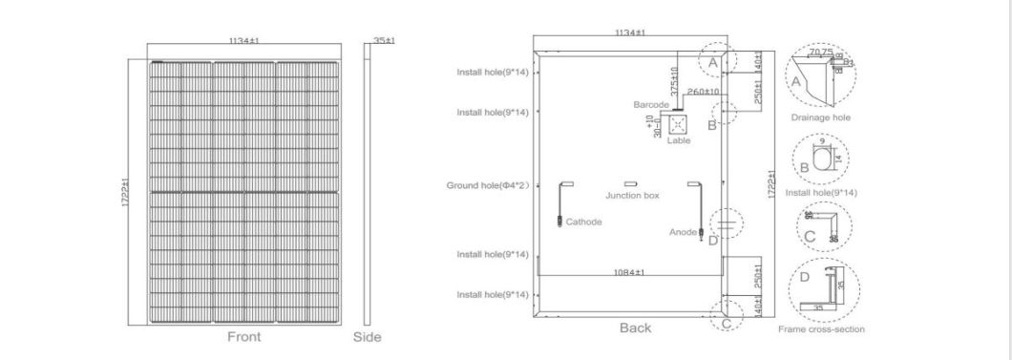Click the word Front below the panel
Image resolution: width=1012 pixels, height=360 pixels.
(244, 337)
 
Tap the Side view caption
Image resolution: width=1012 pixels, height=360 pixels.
(368, 337)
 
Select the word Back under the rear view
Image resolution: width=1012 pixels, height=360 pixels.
(635, 328)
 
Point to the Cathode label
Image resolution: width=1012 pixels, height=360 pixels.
(583, 222)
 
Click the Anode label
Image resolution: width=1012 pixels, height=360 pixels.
(683, 230)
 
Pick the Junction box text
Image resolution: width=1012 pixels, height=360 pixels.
(632, 195)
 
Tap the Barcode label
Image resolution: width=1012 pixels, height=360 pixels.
(650, 103)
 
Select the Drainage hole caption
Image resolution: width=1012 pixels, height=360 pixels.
(820, 117)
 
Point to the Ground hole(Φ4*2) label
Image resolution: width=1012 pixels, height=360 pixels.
(488, 184)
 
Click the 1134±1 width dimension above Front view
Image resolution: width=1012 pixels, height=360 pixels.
(245, 41)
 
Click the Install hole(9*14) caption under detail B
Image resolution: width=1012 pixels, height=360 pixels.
(820, 192)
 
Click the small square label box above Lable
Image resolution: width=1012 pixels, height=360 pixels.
(678, 124)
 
